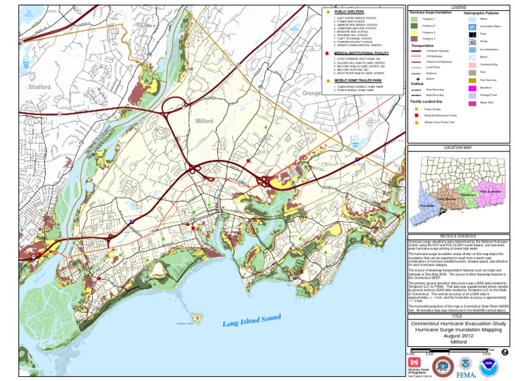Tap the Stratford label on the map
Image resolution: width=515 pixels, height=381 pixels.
[40, 87]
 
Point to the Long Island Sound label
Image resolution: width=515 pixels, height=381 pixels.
[251, 323]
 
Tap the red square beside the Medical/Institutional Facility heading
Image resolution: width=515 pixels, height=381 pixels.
[327, 52]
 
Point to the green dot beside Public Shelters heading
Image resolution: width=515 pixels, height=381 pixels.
[327, 12]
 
